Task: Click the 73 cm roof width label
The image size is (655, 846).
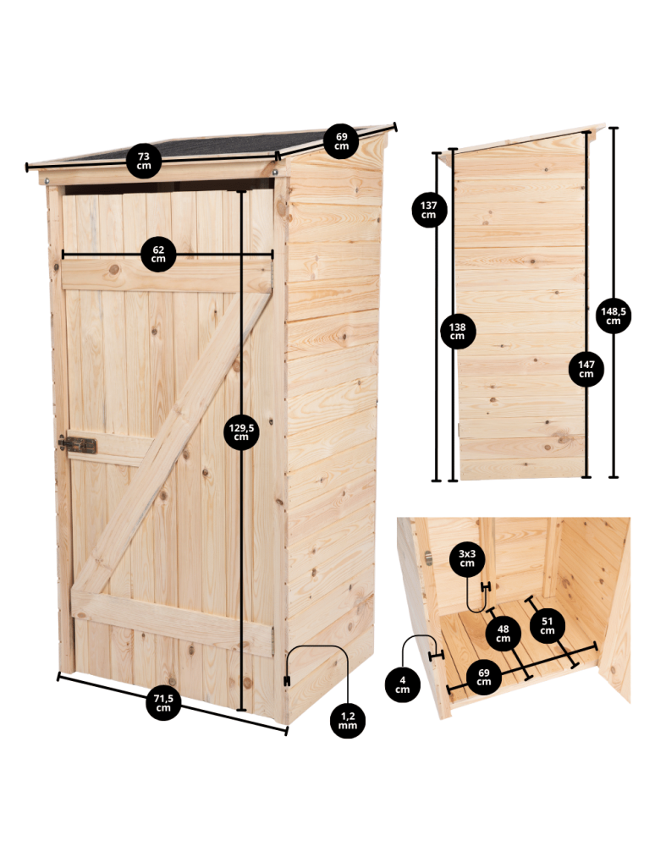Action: coord(144,161)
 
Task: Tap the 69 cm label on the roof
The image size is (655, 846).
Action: coord(341,140)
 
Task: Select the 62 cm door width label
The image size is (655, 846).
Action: coord(158,254)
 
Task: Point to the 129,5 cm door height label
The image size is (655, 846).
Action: coord(241,432)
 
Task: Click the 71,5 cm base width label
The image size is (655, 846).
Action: coord(163,703)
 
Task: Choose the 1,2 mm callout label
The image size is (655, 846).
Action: coord(347,720)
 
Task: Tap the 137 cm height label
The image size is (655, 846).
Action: coord(429,209)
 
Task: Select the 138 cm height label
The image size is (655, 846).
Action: coord(457,331)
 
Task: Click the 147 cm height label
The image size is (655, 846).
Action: coord(586,369)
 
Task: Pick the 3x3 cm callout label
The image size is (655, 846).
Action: coord(467,557)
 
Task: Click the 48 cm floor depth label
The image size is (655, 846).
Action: coord(504,633)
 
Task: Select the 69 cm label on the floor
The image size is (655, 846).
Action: coord(484,678)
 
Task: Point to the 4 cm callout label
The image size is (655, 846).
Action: coord(402,684)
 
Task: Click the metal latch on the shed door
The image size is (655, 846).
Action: coord(78,445)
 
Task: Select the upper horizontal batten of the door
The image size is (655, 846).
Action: coord(165,277)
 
